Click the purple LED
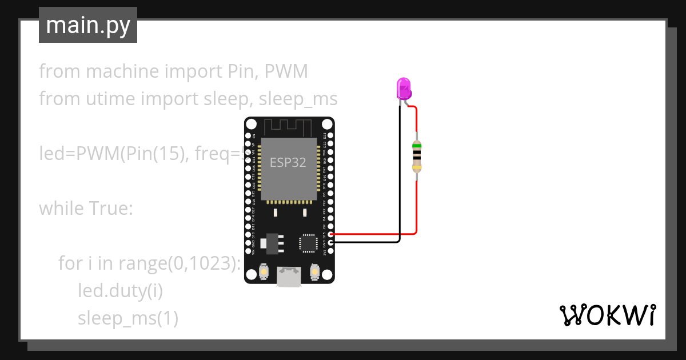pos(404,89)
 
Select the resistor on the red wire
pos(417,155)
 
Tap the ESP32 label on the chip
pos(288,162)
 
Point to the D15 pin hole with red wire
pos(331,234)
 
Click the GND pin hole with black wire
pos(331,242)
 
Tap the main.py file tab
pos(88,25)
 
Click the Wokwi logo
pos(607,315)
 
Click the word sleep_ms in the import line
pos(298,99)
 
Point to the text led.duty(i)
pos(121,291)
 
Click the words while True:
pos(86,209)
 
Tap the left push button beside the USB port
pos(264,271)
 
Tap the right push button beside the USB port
pos(314,271)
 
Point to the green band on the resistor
pos(417,146)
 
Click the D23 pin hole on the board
pos(331,137)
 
